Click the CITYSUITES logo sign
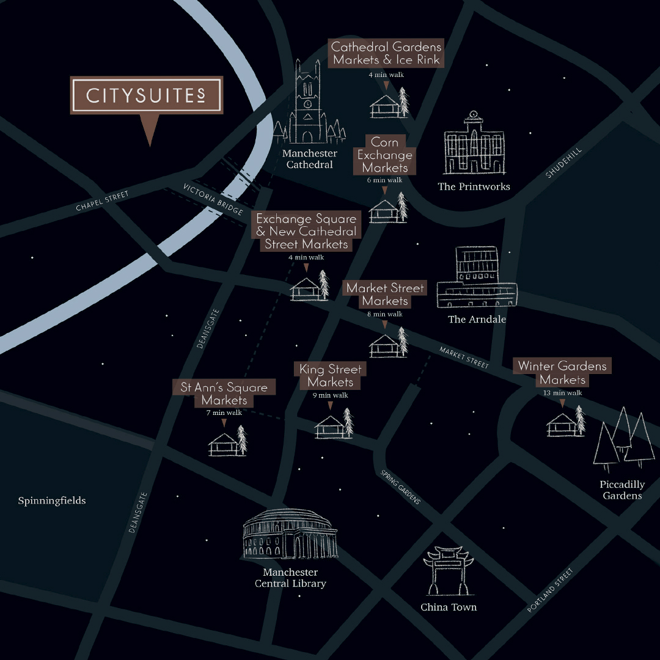(147, 95)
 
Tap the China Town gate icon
(449, 571)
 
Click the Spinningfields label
(52, 501)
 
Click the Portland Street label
(551, 591)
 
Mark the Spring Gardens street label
(400, 487)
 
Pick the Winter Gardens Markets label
(562, 373)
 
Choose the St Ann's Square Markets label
(224, 394)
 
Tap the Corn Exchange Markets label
(385, 155)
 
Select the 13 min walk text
(562, 393)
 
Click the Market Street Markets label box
(385, 295)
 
